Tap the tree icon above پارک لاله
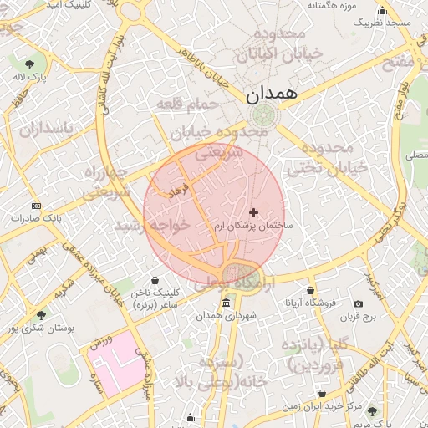coord(30,64)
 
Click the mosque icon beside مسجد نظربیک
coord(383,10)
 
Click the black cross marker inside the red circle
coord(254,213)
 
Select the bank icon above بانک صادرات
coord(35,205)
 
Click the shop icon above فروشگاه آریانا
coord(311,289)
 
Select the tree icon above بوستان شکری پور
coord(41,314)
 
